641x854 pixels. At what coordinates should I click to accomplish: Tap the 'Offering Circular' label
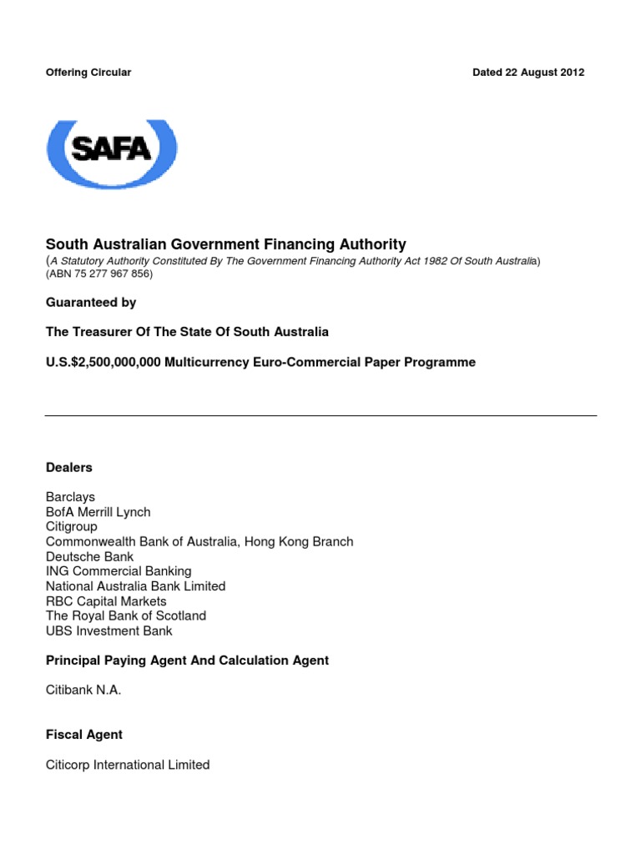pyautogui.click(x=88, y=73)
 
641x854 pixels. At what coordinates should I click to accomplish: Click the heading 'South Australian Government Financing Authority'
pyautogui.click(x=225, y=244)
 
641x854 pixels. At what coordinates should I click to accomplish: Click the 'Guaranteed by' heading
pyautogui.click(x=91, y=302)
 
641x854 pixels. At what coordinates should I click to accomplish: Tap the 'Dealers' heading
pyautogui.click(x=68, y=468)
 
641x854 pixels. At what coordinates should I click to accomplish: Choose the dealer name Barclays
pyautogui.click(x=70, y=497)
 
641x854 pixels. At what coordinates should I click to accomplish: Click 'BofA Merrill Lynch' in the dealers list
pyautogui.click(x=98, y=512)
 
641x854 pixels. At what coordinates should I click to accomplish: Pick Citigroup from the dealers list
pyautogui.click(x=71, y=527)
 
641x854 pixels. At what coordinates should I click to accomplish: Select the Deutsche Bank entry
pyautogui.click(x=89, y=556)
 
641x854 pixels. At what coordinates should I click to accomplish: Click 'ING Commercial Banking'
pyautogui.click(x=118, y=571)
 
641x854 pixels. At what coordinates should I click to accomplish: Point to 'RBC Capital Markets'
pyautogui.click(x=106, y=601)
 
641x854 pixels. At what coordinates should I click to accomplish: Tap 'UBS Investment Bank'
pyautogui.click(x=109, y=631)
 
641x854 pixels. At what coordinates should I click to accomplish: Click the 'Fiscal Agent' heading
pyautogui.click(x=83, y=735)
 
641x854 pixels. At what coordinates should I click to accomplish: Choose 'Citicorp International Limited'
pyautogui.click(x=128, y=765)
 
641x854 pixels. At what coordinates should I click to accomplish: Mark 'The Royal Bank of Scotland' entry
pyautogui.click(x=126, y=616)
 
